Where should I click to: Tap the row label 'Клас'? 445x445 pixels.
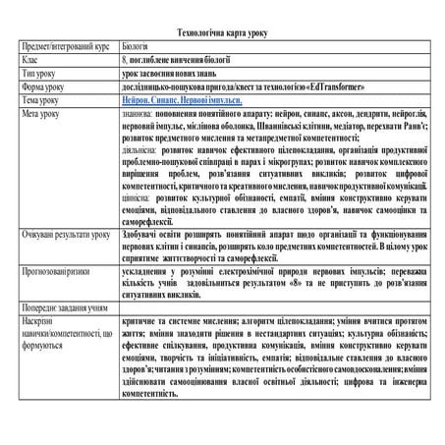point(30,59)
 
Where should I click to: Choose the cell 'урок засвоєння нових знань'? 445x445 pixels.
point(175,73)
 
